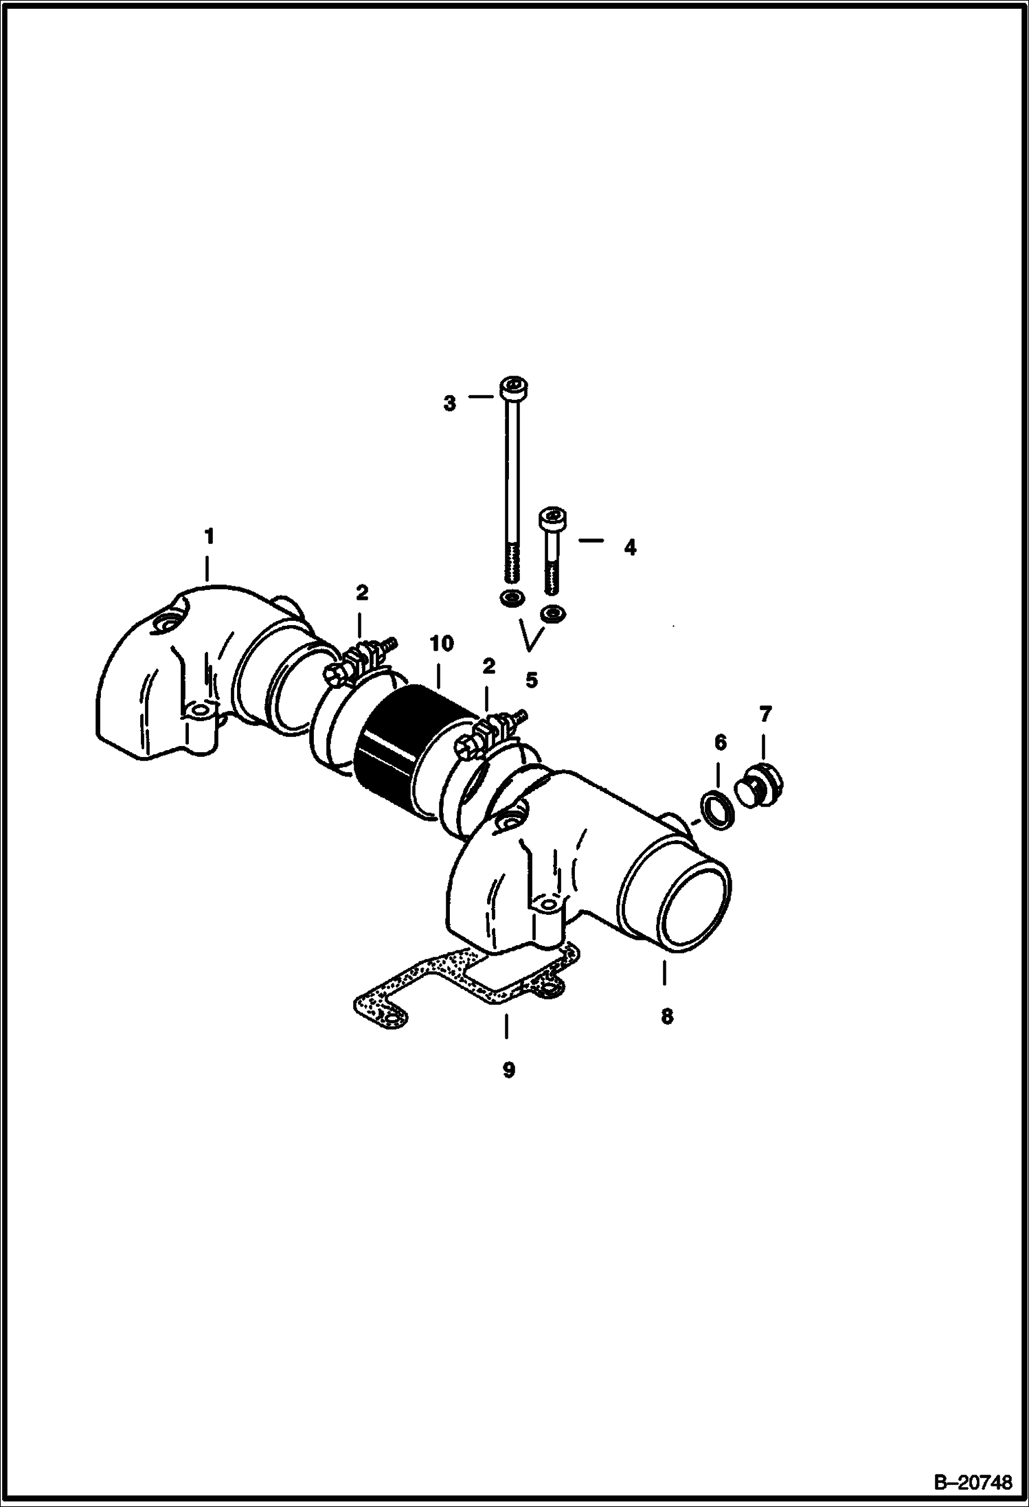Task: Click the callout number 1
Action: [210, 536]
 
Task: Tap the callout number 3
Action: [449, 403]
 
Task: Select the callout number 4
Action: [630, 547]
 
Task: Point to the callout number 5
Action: [531, 680]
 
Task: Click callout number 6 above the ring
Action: [720, 743]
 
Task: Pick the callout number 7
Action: [766, 714]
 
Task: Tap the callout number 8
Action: [667, 1016]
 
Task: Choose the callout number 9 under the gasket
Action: [508, 1069]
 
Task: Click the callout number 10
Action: [442, 644]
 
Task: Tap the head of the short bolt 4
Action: [554, 519]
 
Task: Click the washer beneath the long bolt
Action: [512, 598]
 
